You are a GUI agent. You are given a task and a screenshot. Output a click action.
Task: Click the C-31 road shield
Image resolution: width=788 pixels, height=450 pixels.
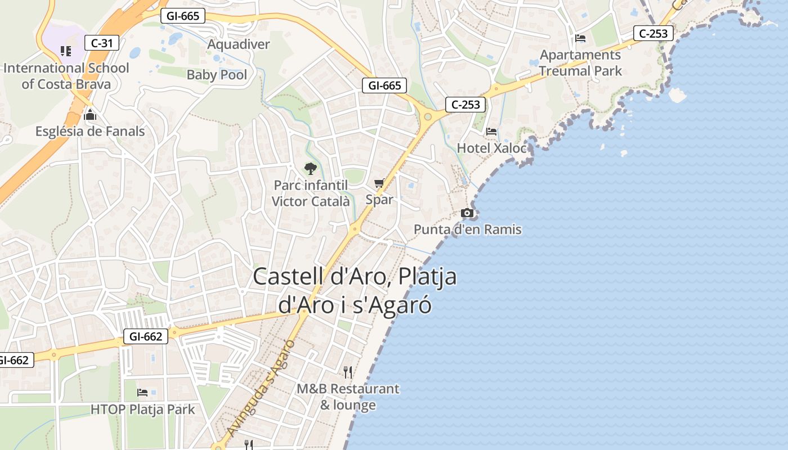pyautogui.click(x=102, y=42)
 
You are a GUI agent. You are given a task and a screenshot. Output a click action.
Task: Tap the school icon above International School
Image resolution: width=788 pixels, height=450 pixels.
pyautogui.click(x=66, y=51)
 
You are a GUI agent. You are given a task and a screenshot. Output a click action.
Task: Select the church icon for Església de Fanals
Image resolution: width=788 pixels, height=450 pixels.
pyautogui.click(x=89, y=115)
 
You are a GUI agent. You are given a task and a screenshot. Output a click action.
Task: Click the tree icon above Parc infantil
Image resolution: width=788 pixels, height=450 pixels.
pyautogui.click(x=310, y=168)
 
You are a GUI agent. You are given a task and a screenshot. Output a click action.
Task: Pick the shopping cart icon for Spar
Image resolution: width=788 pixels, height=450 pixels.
pyautogui.click(x=379, y=183)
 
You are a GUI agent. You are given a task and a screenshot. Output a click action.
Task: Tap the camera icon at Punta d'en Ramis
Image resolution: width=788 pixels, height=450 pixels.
pyautogui.click(x=467, y=213)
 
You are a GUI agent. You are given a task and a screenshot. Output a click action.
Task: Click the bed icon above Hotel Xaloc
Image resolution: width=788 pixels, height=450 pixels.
pyautogui.click(x=491, y=132)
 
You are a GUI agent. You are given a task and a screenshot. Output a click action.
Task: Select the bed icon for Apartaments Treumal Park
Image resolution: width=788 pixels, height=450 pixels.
pyautogui.click(x=580, y=38)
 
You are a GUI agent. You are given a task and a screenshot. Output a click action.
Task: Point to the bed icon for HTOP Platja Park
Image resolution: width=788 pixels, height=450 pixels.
pyautogui.click(x=142, y=392)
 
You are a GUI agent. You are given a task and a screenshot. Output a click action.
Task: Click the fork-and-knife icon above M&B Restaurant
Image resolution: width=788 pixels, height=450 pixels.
pyautogui.click(x=348, y=372)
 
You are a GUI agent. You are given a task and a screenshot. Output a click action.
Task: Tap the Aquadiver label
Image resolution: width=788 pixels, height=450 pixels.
pyautogui.click(x=239, y=44)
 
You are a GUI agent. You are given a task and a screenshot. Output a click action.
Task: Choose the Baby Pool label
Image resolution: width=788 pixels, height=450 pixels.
pyautogui.click(x=217, y=75)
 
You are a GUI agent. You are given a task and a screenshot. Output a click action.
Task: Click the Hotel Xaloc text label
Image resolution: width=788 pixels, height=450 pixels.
pyautogui.click(x=492, y=148)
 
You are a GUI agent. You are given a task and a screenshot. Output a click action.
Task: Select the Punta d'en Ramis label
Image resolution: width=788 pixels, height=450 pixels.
pyautogui.click(x=468, y=229)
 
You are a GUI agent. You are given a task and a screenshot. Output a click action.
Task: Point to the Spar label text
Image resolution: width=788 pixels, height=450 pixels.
pyautogui.click(x=379, y=200)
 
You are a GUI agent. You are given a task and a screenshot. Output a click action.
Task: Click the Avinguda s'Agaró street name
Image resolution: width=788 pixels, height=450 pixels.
pyautogui.click(x=262, y=388)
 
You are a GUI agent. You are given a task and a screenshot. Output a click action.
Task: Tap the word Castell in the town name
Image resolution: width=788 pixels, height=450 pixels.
pyautogui.click(x=289, y=277)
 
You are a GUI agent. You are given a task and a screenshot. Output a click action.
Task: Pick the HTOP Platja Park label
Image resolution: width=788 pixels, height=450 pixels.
pyautogui.click(x=142, y=409)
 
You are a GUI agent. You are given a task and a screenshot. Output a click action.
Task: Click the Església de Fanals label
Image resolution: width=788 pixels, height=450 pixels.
pyautogui.click(x=90, y=132)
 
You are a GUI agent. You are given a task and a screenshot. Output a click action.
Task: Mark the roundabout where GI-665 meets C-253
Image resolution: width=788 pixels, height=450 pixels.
pyautogui.click(x=428, y=116)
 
